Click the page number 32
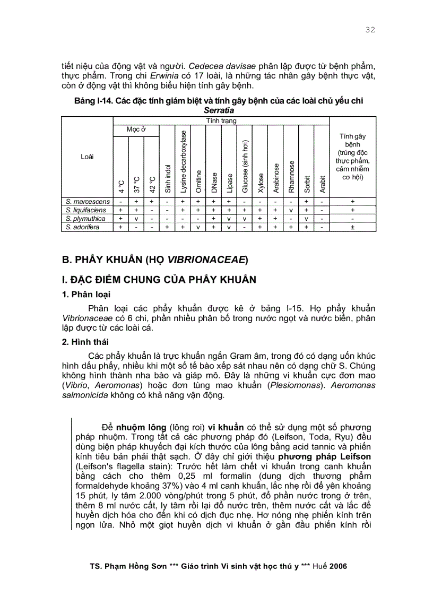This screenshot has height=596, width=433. click(x=370, y=30)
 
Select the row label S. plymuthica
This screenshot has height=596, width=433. click(x=86, y=219)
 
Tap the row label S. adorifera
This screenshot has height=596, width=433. click(x=83, y=227)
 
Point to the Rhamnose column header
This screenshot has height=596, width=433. click(x=291, y=177)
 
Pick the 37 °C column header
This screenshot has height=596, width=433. click(x=136, y=184)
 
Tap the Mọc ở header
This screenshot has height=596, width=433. click(x=136, y=129)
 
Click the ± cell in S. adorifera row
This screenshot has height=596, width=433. click(x=352, y=227)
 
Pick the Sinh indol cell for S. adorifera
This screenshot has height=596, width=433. click(x=167, y=227)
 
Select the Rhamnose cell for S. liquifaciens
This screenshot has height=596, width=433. click(x=291, y=210)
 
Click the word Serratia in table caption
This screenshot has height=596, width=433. click(x=219, y=111)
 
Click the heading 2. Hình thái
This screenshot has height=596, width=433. click(x=86, y=342)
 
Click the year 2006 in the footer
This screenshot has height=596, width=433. click(x=338, y=566)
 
